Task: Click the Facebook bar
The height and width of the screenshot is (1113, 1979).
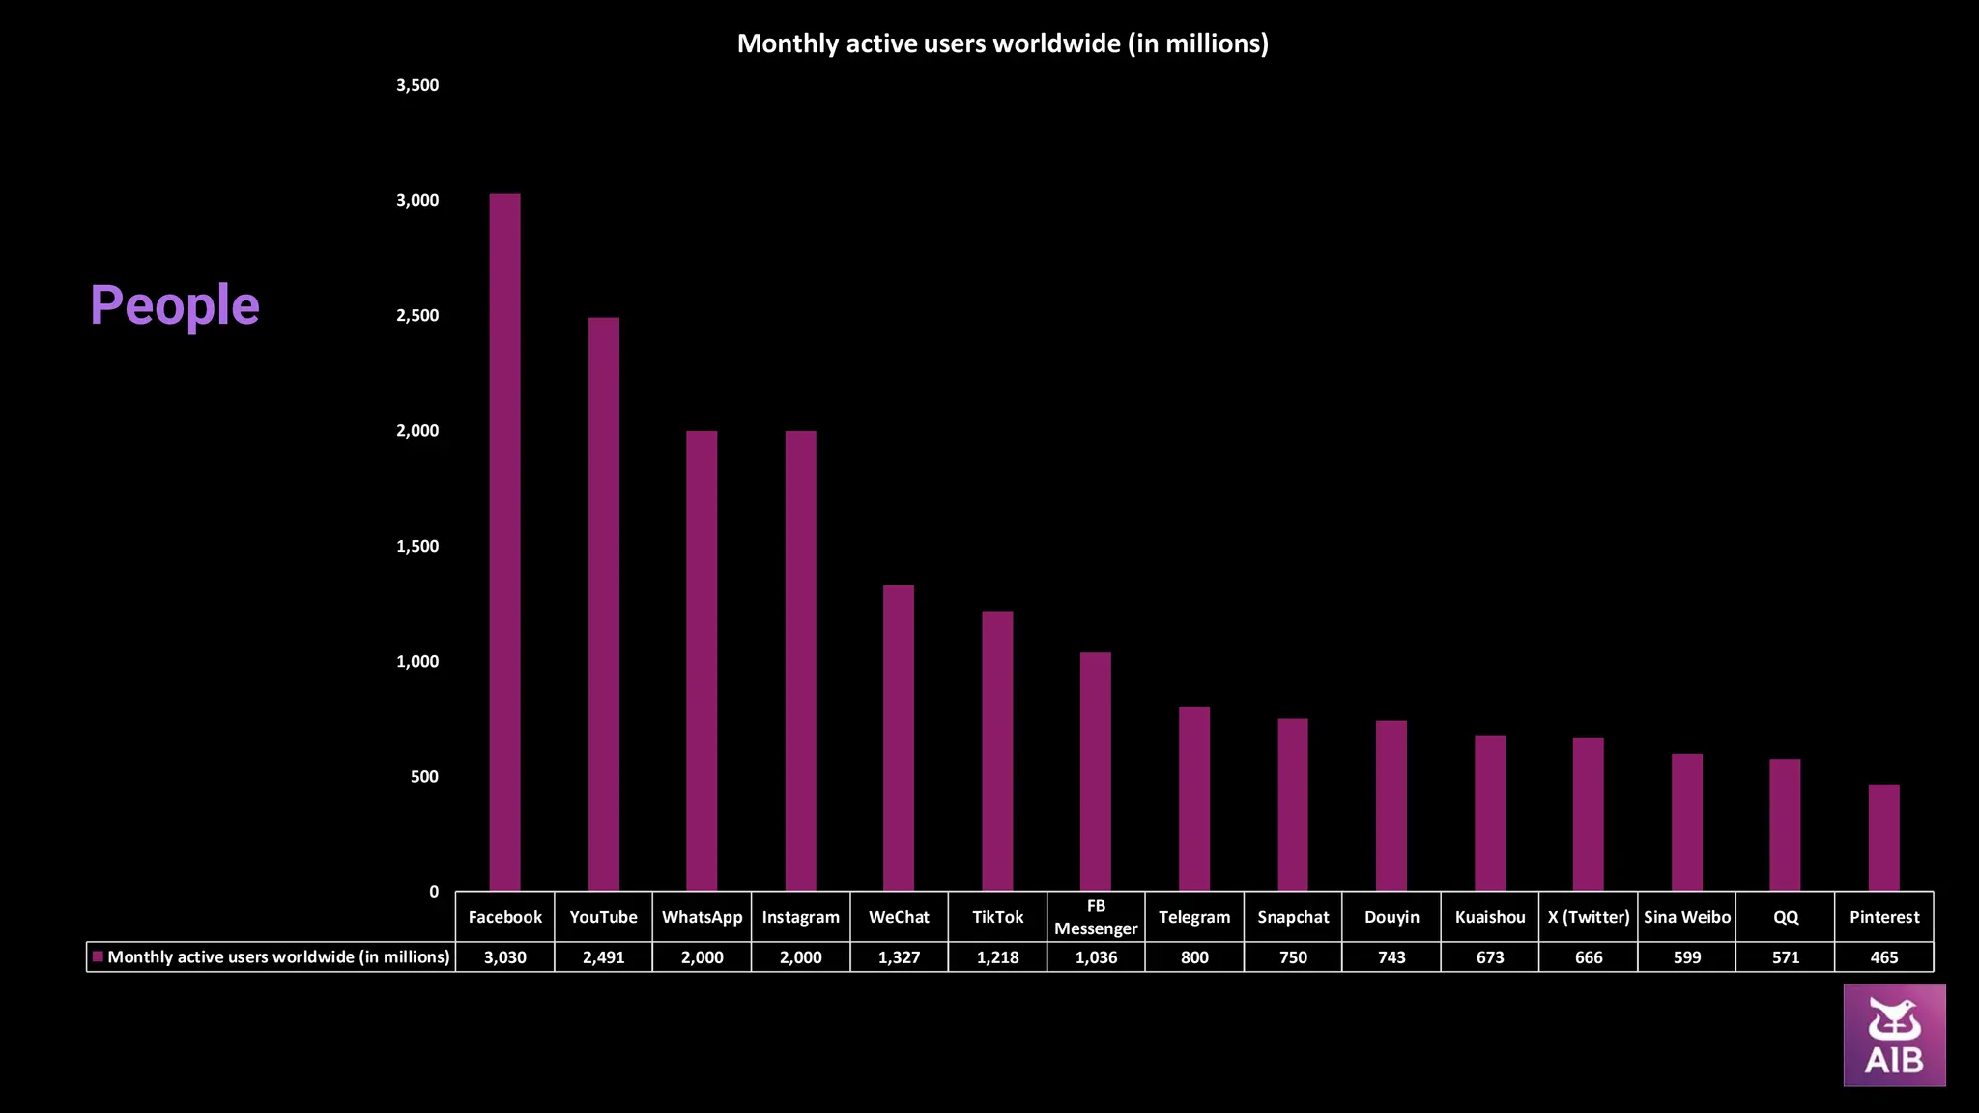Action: coord(504,541)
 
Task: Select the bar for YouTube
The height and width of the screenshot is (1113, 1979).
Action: coord(603,604)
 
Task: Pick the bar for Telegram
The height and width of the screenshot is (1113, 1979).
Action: coord(1194,798)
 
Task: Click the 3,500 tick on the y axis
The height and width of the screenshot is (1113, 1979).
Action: coord(417,85)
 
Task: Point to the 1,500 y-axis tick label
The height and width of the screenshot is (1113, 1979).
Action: coord(417,546)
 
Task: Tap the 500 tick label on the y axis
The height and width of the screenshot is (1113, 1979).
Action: coord(424,777)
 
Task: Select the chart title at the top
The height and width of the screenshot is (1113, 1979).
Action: coord(1002,43)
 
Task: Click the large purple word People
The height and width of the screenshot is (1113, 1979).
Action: coord(175,305)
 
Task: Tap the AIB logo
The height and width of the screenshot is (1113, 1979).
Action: coord(1894,1035)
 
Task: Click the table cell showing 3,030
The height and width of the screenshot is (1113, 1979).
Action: coord(504,957)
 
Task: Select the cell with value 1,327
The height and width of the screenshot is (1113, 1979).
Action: coord(899,957)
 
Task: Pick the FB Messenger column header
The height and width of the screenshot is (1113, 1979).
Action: coord(1096,917)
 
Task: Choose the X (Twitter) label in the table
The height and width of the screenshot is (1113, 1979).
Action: coord(1589,917)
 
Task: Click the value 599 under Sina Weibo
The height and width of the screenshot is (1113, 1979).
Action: coord(1687,957)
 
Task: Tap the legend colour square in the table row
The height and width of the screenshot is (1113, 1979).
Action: coord(98,956)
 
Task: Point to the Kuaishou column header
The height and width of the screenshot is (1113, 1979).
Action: coord(1490,917)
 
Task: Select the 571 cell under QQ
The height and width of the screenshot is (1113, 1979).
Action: coord(1786,957)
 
